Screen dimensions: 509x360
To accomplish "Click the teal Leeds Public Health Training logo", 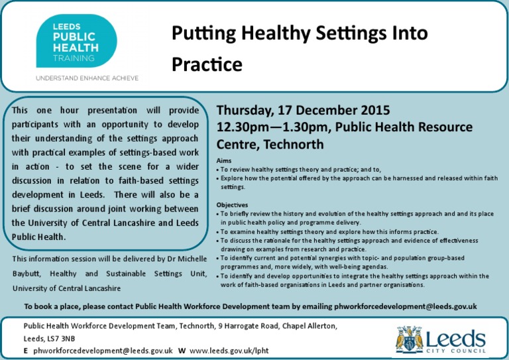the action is pos(77,41).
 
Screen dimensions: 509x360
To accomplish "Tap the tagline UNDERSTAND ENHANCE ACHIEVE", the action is pos(87,78).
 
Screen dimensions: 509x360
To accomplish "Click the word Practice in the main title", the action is pos(207,64).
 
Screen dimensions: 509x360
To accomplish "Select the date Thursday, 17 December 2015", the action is pos(303,110).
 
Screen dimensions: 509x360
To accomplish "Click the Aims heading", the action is pos(224,160).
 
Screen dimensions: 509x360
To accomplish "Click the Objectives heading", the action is pos(232,205).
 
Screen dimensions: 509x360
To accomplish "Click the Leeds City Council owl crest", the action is pos(410,339).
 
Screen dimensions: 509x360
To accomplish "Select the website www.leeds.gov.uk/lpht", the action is pos(229,351).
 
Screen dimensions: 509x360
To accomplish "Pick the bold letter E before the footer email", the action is pos(26,351).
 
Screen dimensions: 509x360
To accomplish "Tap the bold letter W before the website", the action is pos(182,351).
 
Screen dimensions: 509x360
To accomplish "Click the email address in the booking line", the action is pos(406,306).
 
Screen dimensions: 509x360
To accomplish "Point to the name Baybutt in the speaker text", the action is pos(27,274).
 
